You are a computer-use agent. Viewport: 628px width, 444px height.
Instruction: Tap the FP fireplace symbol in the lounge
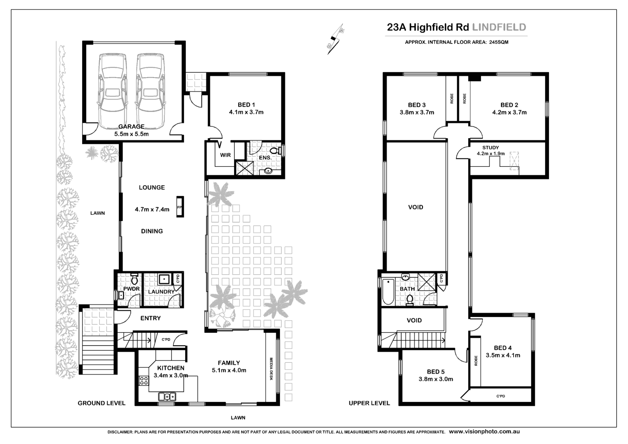(x=180, y=207)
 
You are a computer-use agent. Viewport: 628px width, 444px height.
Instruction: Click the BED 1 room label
(x=246, y=105)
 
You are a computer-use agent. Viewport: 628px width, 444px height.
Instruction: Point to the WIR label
(x=225, y=155)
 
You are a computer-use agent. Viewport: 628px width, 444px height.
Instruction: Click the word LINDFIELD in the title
(x=499, y=27)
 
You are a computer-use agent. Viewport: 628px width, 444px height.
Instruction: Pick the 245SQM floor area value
(x=499, y=42)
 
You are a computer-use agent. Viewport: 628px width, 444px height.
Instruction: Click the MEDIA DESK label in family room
(x=271, y=369)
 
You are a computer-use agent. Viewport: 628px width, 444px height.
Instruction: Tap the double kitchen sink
(x=167, y=396)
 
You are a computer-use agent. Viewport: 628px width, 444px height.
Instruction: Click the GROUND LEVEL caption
(x=101, y=403)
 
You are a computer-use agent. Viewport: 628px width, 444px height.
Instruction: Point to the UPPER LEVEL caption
(x=369, y=403)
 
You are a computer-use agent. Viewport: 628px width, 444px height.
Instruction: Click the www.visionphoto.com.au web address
(x=484, y=431)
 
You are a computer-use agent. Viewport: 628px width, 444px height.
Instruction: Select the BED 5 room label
(x=436, y=371)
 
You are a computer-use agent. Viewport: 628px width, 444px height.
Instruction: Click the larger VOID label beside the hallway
(x=415, y=207)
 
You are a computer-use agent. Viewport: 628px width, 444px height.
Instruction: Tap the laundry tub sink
(x=164, y=279)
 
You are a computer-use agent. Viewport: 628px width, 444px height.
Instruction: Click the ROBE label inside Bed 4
(x=475, y=361)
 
